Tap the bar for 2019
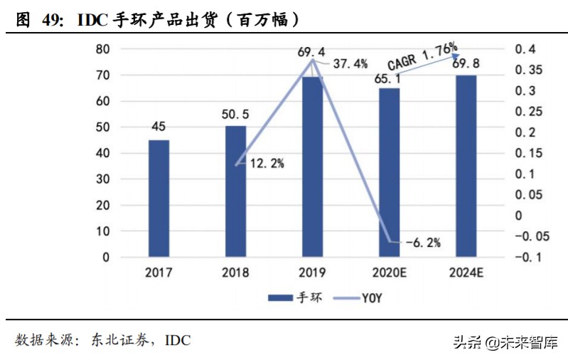(312, 166)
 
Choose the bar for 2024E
(466, 166)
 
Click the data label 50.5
(235, 115)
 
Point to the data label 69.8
(466, 65)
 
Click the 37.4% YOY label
(350, 64)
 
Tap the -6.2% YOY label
(422, 243)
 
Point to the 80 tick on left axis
(103, 49)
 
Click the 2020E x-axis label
(389, 272)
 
